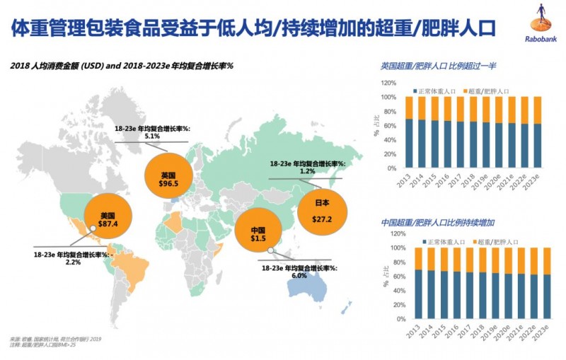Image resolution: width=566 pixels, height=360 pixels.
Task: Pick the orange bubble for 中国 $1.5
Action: click(258, 235)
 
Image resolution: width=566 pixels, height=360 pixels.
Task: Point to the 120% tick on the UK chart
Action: click(389, 83)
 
